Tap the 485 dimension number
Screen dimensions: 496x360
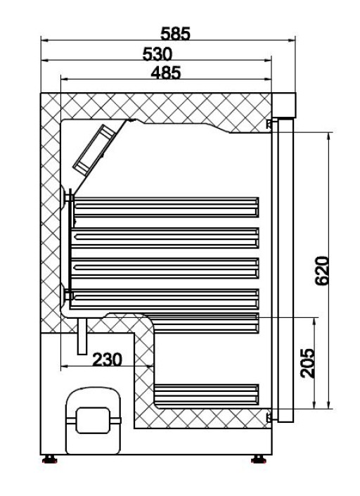pos(166,72)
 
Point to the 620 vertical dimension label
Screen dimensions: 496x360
pos(322,269)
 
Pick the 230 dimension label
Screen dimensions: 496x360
pos(107,360)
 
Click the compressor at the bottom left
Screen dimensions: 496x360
pos(94,420)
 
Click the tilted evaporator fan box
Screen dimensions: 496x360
pos(94,148)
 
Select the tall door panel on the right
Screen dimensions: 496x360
pos(284,271)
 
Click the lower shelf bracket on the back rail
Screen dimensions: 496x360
pos(69,295)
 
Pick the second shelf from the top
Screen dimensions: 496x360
pos(166,236)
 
